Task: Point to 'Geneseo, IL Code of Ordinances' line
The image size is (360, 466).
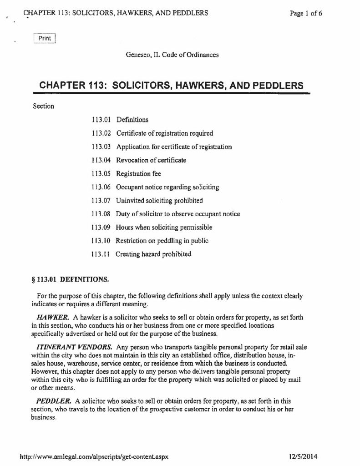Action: click(x=172, y=55)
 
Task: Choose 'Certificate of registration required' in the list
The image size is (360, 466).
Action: click(x=165, y=133)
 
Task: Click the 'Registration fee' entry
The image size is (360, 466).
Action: click(x=138, y=173)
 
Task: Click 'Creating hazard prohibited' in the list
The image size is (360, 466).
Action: click(x=154, y=254)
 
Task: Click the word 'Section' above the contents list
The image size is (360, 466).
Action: click(x=44, y=106)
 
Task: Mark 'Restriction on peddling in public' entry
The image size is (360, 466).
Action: click(x=162, y=240)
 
